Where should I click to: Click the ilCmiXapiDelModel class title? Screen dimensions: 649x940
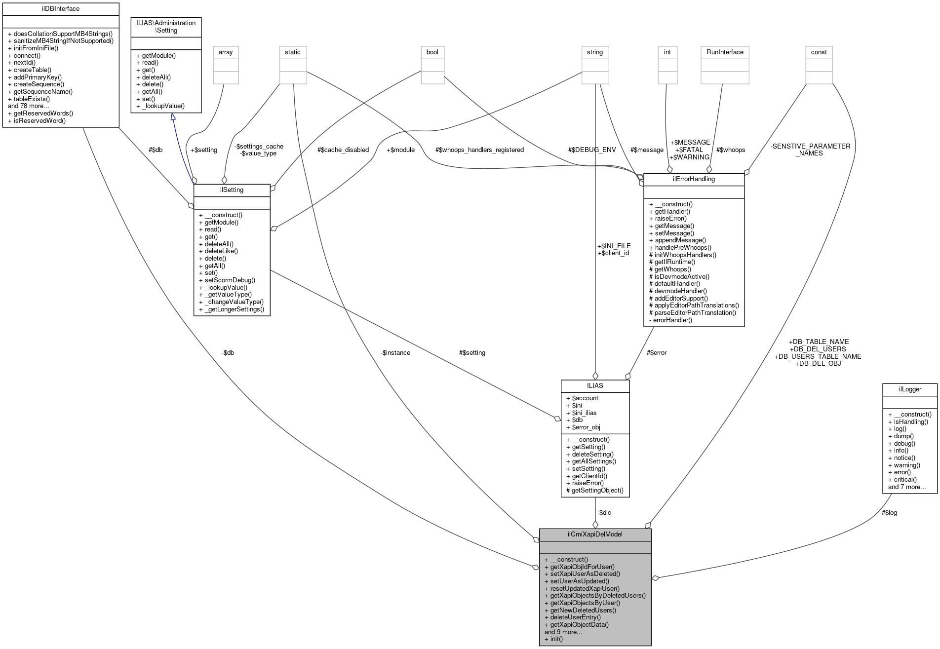595,534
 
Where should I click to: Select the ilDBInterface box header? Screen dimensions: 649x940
61,9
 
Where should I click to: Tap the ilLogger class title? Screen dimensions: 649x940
909,389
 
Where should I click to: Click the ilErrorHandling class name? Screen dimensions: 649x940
694,179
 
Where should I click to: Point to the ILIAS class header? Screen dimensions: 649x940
595,385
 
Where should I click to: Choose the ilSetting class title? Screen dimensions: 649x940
232,190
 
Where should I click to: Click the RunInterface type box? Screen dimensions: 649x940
725,52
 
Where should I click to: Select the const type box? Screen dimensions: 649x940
819,52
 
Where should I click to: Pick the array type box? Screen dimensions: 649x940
226,52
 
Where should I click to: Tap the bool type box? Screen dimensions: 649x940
432,52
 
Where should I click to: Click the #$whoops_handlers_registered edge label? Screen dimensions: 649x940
479,150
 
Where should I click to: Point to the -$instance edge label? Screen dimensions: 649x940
395,352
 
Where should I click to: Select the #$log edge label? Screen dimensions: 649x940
889,512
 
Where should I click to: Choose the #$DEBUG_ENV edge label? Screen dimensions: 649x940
592,150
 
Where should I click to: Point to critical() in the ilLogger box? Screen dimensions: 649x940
905,479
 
